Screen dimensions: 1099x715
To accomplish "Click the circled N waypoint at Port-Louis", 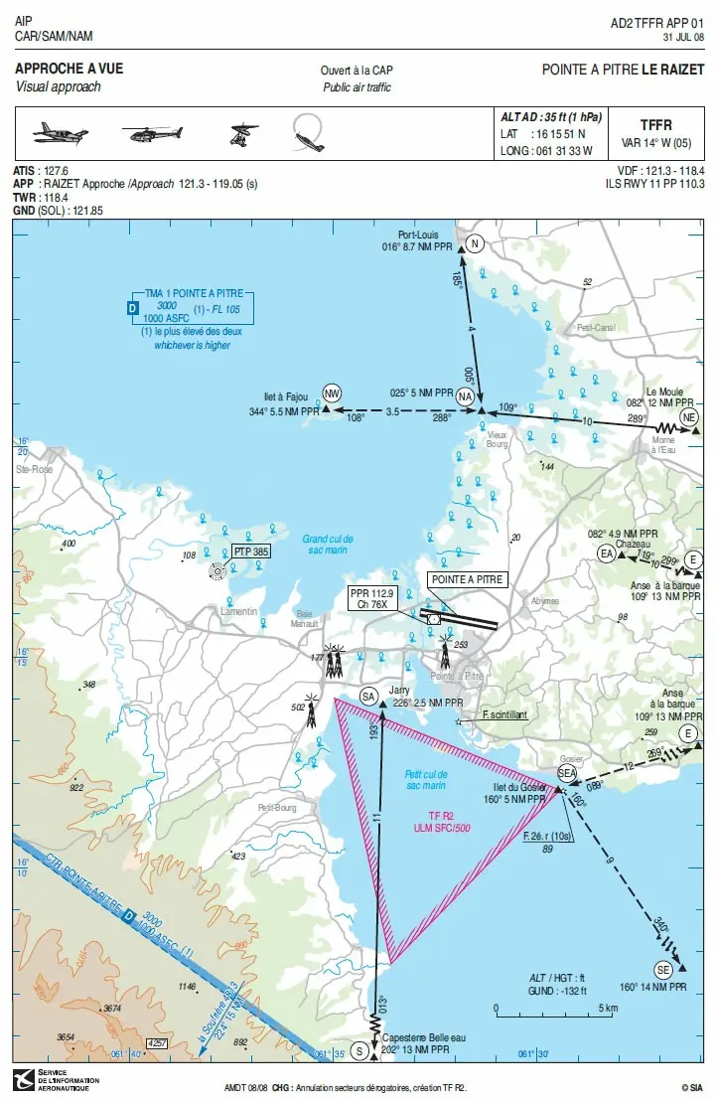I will point(475,244).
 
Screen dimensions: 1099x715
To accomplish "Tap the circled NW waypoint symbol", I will point(332,393).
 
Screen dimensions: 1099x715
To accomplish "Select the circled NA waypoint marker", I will point(465,396).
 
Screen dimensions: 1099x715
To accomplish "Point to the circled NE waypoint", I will point(689,416).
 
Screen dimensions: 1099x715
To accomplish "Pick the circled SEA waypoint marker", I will point(567,772).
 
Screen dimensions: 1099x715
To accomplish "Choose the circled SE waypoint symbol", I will point(664,969).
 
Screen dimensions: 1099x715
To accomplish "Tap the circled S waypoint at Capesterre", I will point(360,1049).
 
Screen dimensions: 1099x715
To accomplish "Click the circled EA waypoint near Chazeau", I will point(606,554).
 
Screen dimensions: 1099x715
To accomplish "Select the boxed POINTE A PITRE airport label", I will point(467,579).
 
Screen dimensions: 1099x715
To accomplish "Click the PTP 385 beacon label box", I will point(251,551).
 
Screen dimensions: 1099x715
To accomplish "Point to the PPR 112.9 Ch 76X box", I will point(372,597).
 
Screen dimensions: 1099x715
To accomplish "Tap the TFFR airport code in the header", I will point(655,125).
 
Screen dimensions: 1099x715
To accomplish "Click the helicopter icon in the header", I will point(151,132).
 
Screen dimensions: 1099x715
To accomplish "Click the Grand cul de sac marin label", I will point(328,545).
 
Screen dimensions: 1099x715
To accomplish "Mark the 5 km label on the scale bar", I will point(609,1007).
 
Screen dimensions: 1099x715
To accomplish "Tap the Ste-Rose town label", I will point(34,468).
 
